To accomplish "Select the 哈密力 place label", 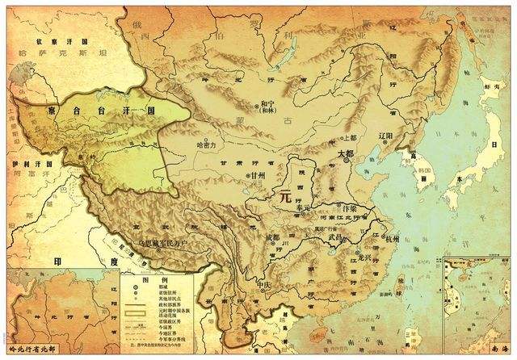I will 208,145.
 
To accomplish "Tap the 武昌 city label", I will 337,239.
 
